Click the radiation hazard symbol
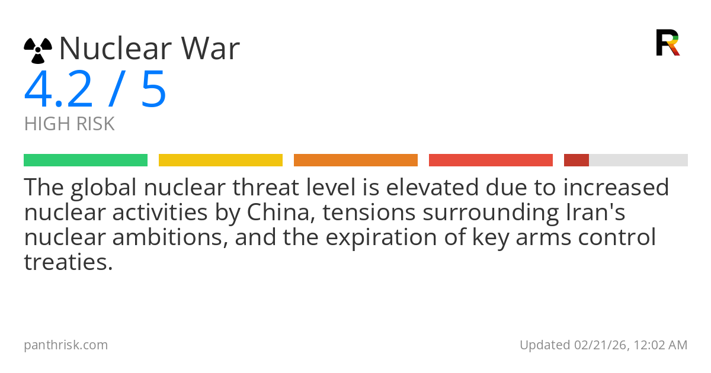(x=38, y=50)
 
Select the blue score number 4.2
(x=59, y=89)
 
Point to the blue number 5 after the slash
(x=153, y=89)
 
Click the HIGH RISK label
(x=69, y=124)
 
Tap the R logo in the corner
(x=667, y=43)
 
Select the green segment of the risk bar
(x=85, y=160)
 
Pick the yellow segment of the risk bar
(x=220, y=160)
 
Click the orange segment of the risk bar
(x=355, y=160)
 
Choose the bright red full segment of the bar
(x=491, y=160)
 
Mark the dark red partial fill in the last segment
(x=576, y=160)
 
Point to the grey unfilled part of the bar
(x=638, y=160)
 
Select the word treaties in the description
(x=68, y=262)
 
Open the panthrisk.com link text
(x=66, y=345)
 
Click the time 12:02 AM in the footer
(x=660, y=345)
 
